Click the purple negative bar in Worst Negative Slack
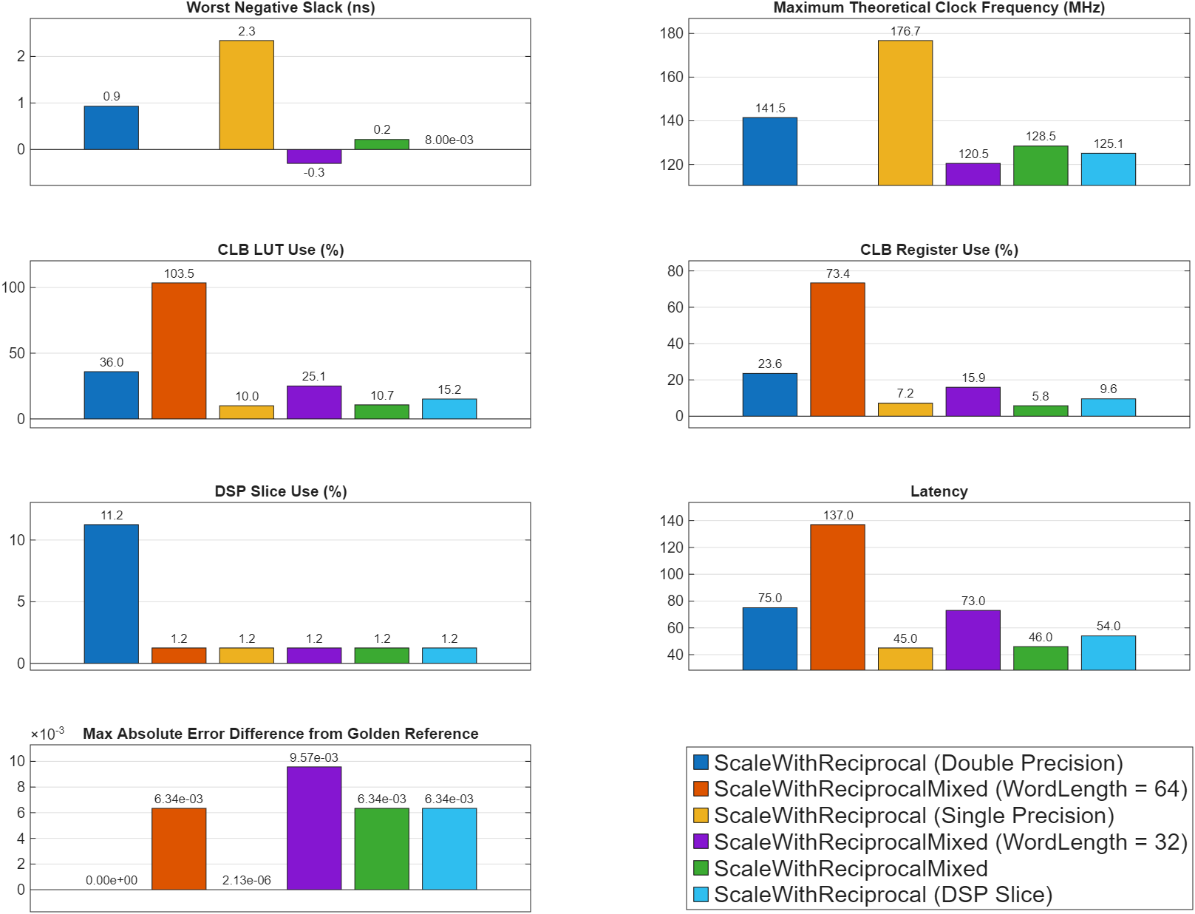314,156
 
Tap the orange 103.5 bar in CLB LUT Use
179,350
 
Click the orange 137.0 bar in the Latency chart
837,597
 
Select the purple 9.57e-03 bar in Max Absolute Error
314,828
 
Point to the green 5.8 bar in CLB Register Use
1040,411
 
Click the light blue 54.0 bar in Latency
1108,652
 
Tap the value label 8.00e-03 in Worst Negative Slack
449,140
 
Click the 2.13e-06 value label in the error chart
246,880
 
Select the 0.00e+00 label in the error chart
112,880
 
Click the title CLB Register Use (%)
939,250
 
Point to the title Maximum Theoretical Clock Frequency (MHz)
939,8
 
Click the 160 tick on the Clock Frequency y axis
671,77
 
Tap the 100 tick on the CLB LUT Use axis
13,287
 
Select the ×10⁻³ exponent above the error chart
47,734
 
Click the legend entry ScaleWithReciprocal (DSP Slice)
882,895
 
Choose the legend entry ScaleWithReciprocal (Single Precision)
913,816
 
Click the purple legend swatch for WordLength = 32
701,842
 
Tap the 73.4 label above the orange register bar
837,273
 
